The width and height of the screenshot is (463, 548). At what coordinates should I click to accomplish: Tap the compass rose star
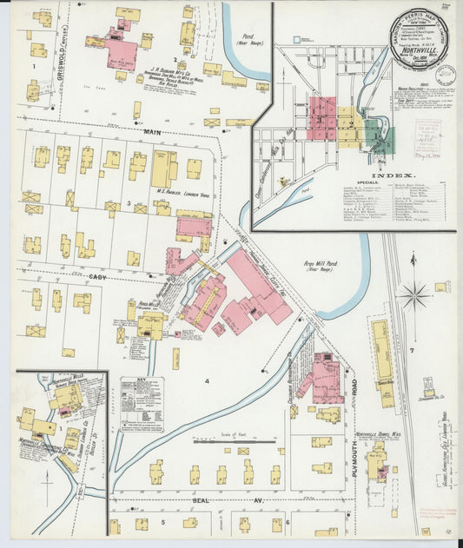coord(414,295)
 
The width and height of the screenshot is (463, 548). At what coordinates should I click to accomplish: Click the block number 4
coord(207,381)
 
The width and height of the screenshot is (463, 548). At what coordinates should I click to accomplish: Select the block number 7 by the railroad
coord(410,349)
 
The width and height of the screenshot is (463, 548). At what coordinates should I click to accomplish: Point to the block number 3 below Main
coord(129,202)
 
